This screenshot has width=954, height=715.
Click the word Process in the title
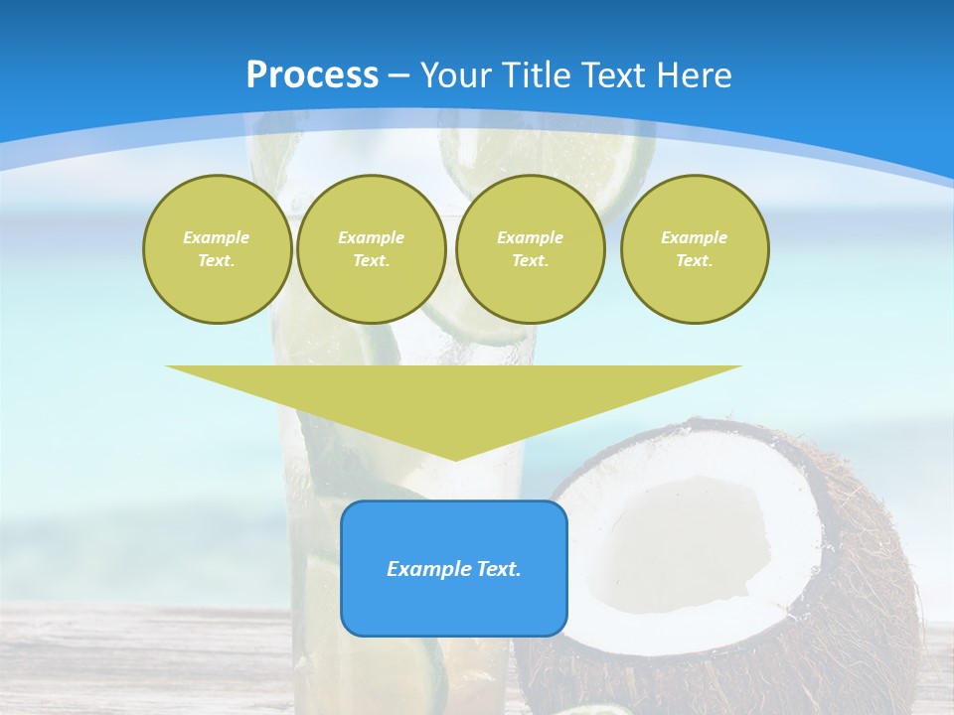point(312,75)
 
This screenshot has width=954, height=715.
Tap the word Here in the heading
point(694,75)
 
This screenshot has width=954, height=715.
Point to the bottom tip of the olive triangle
point(455,458)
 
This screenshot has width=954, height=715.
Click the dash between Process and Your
point(399,75)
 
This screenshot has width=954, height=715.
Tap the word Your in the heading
point(457,75)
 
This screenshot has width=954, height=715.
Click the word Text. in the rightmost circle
point(694,260)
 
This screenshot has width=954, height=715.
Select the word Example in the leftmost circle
point(217,237)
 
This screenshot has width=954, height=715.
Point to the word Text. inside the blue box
point(497,569)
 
